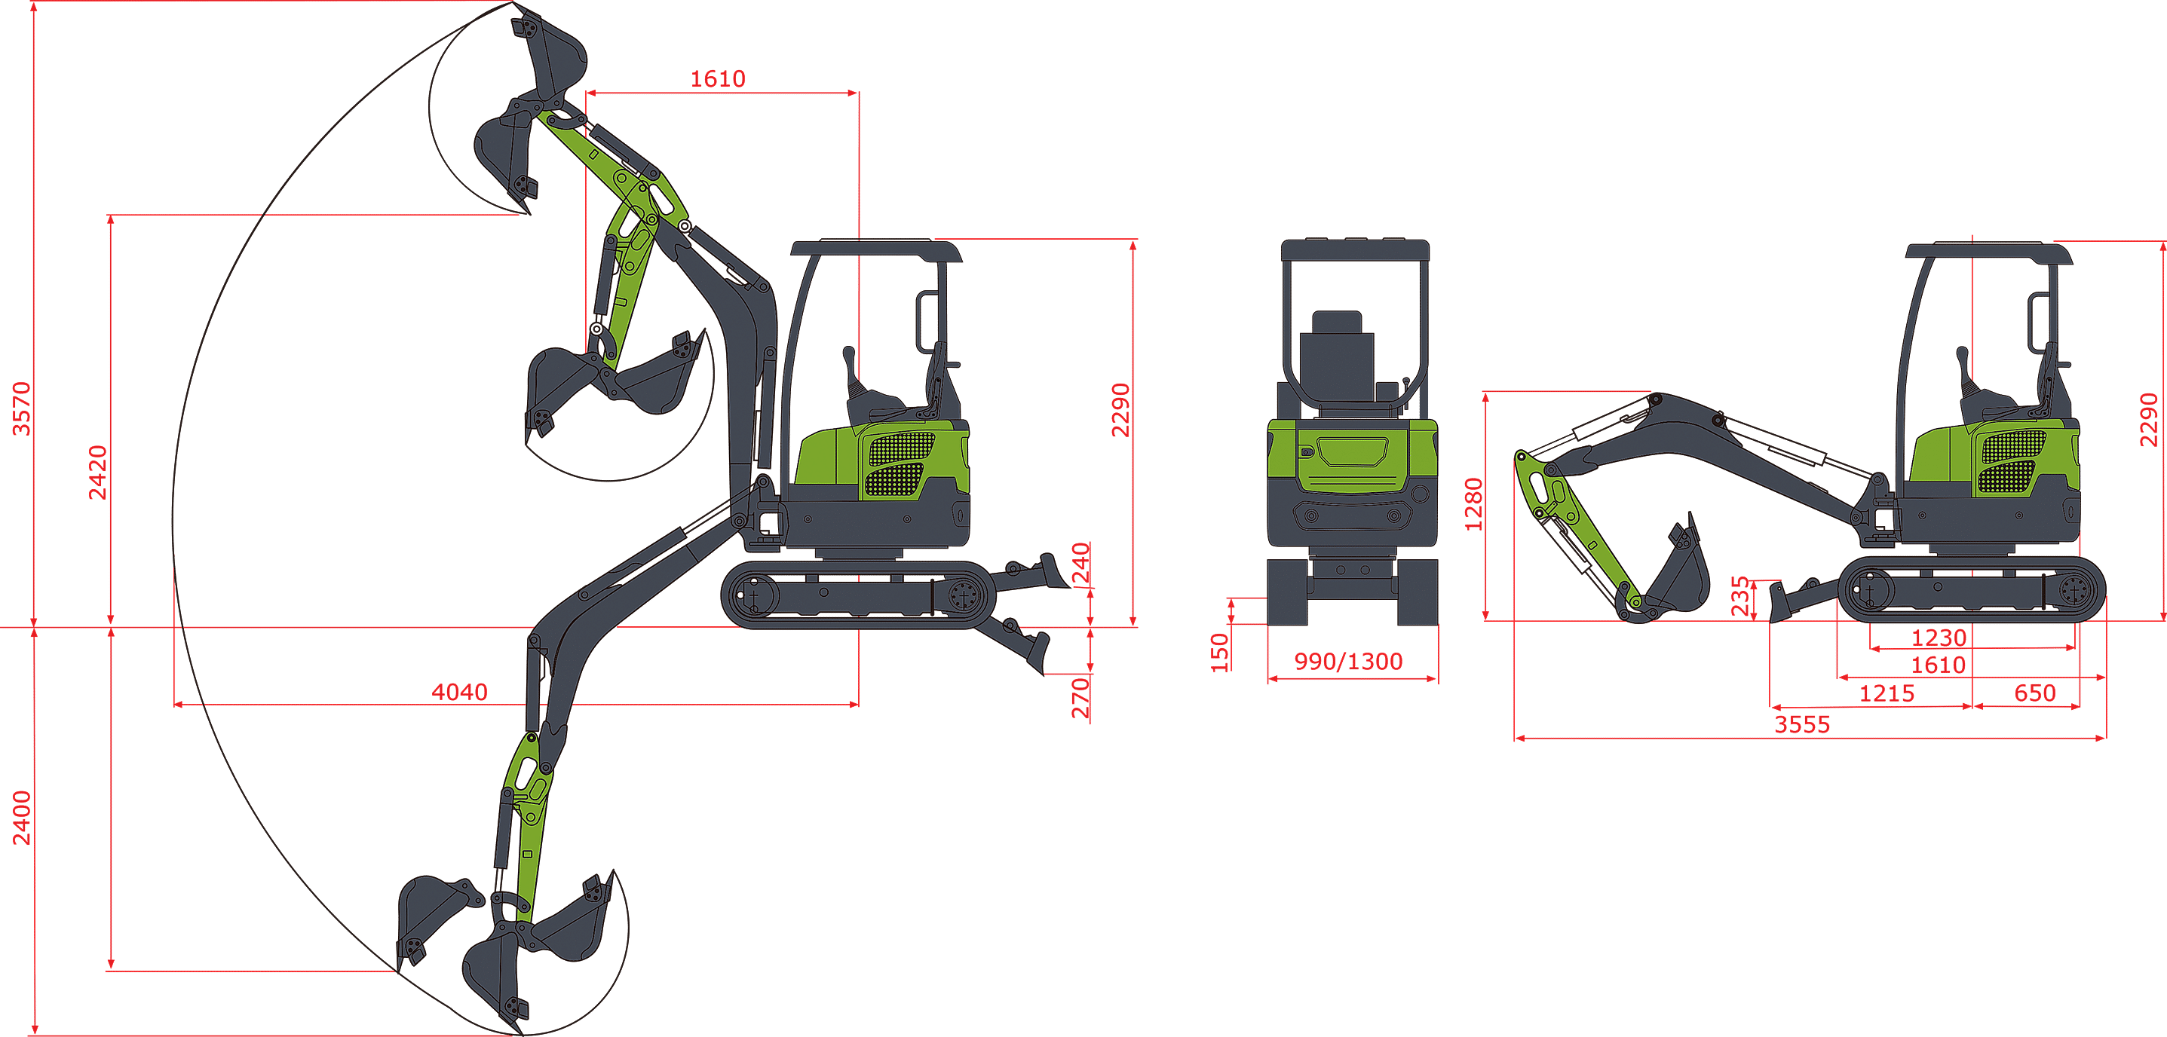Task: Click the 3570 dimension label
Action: coord(21,408)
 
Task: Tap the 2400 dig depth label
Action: coord(21,818)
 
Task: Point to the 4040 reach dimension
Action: coord(459,691)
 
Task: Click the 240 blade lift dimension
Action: coord(1080,564)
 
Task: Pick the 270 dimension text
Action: coord(1080,698)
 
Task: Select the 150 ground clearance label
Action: coord(1219,653)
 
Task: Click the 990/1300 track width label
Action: coord(1348,661)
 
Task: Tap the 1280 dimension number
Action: coord(1473,505)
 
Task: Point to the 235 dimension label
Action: coord(1739,595)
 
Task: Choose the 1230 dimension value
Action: coord(1939,638)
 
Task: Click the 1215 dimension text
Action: coord(1886,693)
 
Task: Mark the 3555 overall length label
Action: coord(1802,724)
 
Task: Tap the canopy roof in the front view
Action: coord(1354,249)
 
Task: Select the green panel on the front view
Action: coord(1352,455)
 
